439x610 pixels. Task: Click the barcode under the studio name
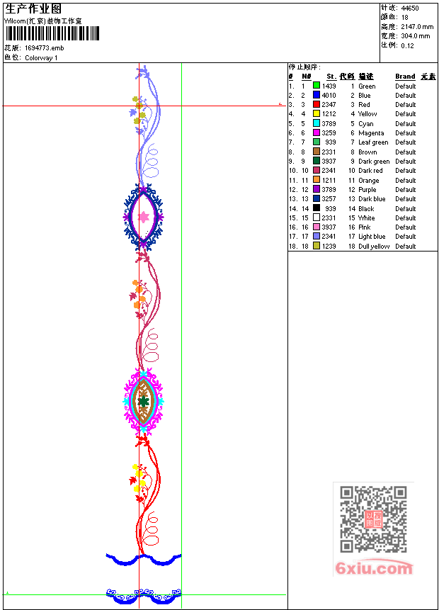click(x=52, y=33)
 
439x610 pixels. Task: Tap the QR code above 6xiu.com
click(x=373, y=519)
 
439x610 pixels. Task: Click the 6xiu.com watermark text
click(x=374, y=568)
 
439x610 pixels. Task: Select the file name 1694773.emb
click(x=45, y=48)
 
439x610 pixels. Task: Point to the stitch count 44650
click(x=410, y=9)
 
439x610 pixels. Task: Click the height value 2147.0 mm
click(x=417, y=27)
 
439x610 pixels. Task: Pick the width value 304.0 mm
click(x=416, y=36)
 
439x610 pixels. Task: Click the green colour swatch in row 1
click(x=317, y=86)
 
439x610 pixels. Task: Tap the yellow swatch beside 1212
click(x=317, y=113)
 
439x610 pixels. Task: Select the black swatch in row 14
click(x=317, y=208)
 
